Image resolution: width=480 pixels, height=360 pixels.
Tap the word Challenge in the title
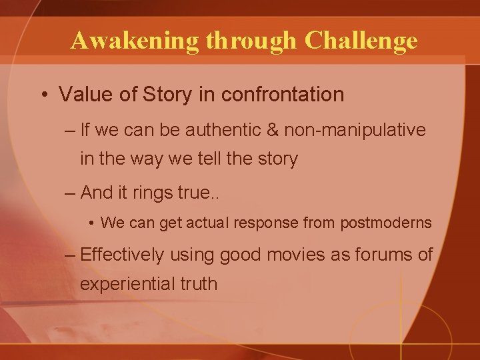tap(361, 41)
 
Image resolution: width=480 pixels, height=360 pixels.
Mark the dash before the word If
tap(71, 130)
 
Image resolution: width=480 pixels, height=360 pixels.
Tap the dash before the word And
tap(71, 193)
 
